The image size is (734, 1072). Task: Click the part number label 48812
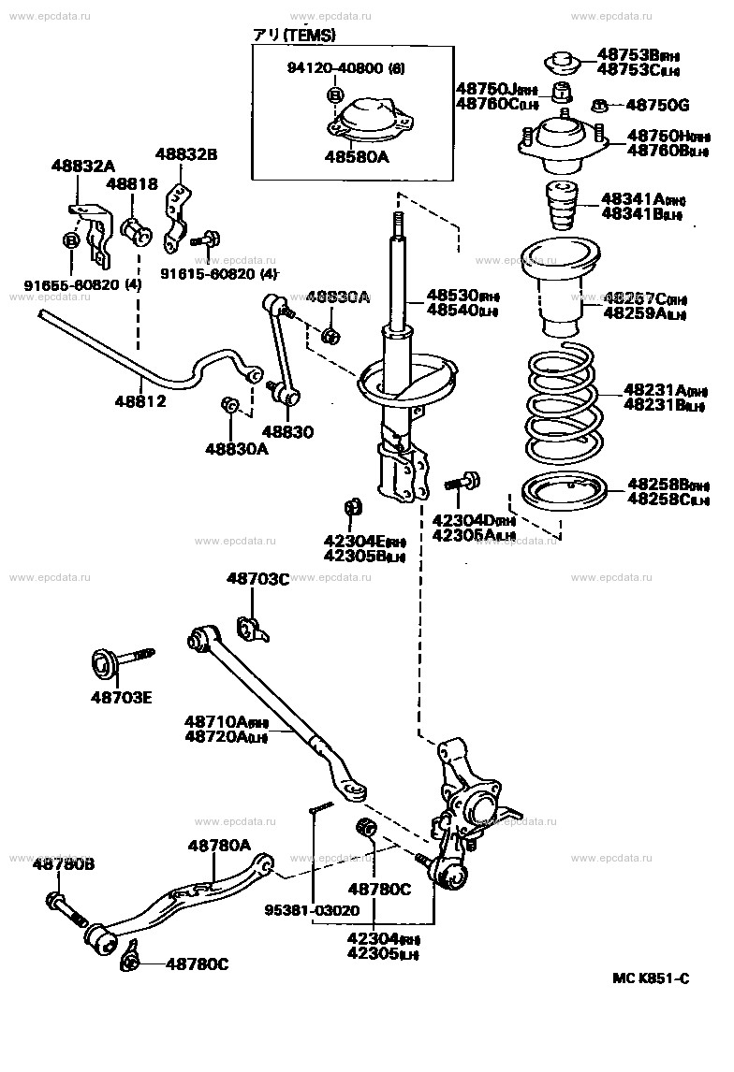pos(141,402)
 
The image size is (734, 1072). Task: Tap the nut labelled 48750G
pos(602,105)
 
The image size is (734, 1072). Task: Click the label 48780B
pos(64,863)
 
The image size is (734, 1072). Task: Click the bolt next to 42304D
pos(461,483)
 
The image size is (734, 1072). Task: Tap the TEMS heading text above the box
pos(293,35)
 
